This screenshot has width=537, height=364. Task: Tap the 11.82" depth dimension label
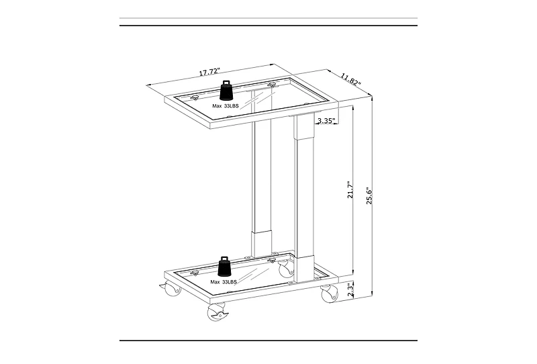click(350, 78)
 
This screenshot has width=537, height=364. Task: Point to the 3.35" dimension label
click(326, 121)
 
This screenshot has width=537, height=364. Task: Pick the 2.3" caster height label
click(350, 289)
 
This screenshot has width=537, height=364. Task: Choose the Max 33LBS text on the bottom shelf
click(224, 282)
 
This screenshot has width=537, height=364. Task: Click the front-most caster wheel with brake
click(217, 312)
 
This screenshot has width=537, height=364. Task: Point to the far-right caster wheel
click(328, 293)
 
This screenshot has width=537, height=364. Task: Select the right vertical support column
click(304, 195)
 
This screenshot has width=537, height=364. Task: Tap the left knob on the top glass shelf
click(195, 98)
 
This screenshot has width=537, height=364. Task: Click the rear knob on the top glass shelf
click(272, 85)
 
